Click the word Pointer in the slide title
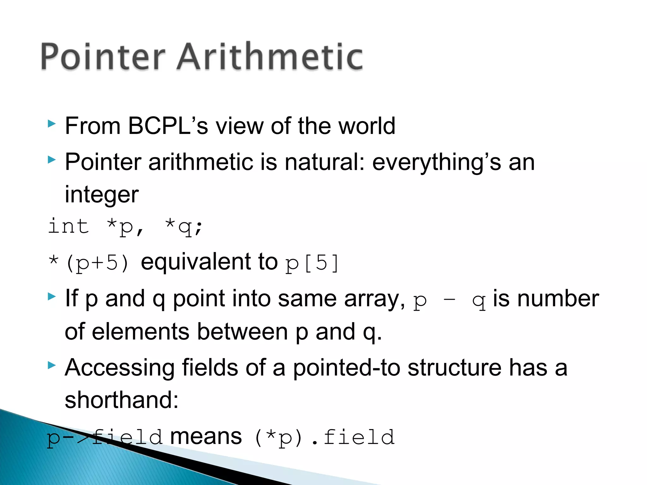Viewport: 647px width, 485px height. click(x=103, y=57)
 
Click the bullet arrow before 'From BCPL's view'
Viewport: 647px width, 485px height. click(x=51, y=124)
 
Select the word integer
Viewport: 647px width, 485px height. click(x=101, y=195)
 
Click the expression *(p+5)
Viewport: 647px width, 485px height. click(x=89, y=263)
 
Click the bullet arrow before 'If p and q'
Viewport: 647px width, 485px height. click(x=51, y=296)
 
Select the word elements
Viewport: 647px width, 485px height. click(x=141, y=332)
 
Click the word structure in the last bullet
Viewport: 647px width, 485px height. click(x=454, y=368)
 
